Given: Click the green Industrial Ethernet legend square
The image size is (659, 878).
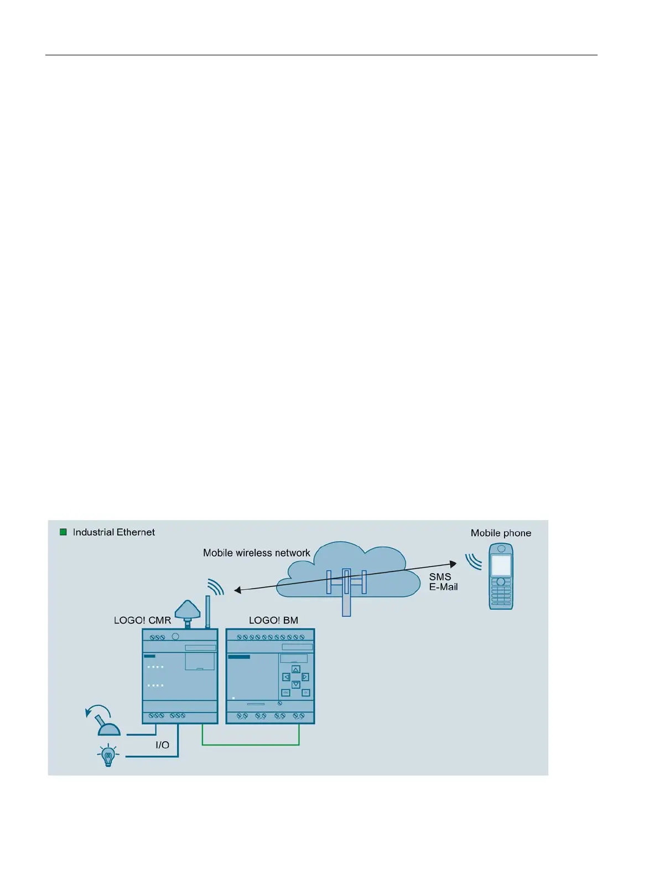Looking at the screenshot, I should [x=63, y=532].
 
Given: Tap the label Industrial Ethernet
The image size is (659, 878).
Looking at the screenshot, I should [x=113, y=532].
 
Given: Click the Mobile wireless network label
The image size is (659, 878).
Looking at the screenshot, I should [x=256, y=553].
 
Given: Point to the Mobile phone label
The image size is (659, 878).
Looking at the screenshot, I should [x=501, y=533].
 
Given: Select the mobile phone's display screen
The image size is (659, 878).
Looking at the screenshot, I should [x=501, y=566].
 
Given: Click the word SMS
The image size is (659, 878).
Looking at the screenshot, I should [x=440, y=577].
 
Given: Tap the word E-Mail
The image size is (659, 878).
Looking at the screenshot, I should [x=443, y=587].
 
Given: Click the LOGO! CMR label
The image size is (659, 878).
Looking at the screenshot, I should [x=142, y=620].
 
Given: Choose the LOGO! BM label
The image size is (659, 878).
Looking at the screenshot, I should [x=273, y=620].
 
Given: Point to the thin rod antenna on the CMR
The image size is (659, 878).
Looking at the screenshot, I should [x=208, y=611].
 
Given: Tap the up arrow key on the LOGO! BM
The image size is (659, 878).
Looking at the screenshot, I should [x=295, y=669].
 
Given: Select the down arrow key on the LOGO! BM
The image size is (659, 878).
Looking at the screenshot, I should [x=295, y=684].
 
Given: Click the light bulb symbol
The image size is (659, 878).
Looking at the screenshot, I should [x=108, y=755].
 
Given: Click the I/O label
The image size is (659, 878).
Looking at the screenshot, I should [x=162, y=745].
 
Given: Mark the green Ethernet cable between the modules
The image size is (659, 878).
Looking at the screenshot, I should [x=251, y=745].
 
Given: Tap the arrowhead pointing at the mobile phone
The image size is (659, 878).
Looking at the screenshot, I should [x=453, y=564].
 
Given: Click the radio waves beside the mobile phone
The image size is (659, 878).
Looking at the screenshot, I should [x=473, y=562].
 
